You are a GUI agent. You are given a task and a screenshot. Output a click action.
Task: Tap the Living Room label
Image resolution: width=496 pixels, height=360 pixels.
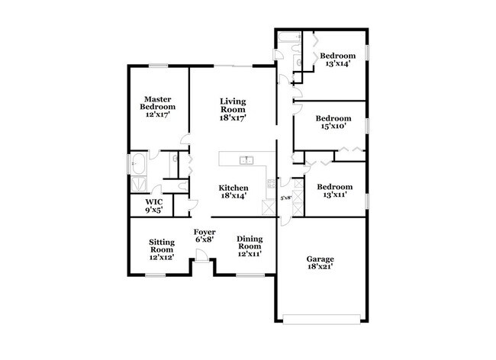pos(232,109)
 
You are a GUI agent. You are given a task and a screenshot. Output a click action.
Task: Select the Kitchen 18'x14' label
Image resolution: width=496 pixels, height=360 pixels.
pos(234,191)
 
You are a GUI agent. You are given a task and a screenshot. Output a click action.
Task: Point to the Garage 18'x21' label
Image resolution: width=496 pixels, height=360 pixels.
pos(320,263)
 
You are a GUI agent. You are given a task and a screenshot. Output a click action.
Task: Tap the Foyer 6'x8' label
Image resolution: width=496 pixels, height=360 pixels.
pos(203,234)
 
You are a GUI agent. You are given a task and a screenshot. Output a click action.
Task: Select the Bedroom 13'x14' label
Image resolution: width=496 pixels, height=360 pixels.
pos(337,59)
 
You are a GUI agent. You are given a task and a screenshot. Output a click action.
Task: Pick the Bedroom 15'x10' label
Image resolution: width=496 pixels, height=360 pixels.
pos(333,123)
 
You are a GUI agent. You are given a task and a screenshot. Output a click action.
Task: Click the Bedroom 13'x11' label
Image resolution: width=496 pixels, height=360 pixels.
pos(334,191)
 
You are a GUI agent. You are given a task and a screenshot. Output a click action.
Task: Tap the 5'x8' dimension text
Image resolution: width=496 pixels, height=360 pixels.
pos(286,198)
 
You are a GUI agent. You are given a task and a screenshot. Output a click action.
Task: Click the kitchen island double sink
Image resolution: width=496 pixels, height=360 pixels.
pos(246,159)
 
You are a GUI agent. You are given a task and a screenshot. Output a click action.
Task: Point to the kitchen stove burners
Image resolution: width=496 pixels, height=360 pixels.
pos(270,182)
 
